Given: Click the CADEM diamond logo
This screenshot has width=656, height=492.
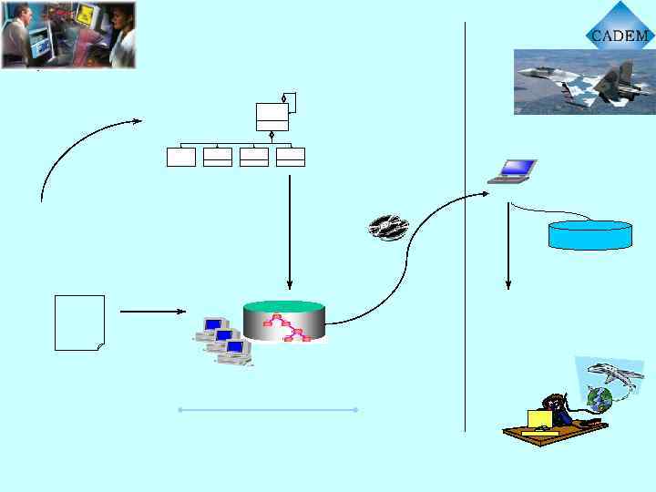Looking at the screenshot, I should pyautogui.click(x=619, y=35).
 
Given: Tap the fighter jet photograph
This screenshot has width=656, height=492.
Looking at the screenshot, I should pyautogui.click(x=584, y=81).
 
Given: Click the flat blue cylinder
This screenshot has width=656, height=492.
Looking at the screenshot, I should pyautogui.click(x=589, y=234).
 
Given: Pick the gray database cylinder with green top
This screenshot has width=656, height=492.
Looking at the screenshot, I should pyautogui.click(x=283, y=322).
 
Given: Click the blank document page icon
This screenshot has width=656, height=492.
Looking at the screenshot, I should pyautogui.click(x=79, y=323).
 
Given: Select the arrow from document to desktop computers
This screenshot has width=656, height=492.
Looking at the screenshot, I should pyautogui.click(x=152, y=312).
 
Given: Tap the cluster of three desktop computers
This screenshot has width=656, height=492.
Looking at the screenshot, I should pyautogui.click(x=223, y=342).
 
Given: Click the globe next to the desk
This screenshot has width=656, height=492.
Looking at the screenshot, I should pyautogui.click(x=600, y=398).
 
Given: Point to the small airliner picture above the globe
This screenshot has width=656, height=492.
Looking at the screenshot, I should pyautogui.click(x=610, y=373).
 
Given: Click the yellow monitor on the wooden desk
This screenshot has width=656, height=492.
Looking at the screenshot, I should pyautogui.click(x=539, y=419).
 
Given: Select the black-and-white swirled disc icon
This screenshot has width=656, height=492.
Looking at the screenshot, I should pyautogui.click(x=388, y=227).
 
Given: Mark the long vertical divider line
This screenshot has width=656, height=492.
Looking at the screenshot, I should pyautogui.click(x=465, y=228).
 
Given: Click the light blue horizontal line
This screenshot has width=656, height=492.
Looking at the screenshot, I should pyautogui.click(x=268, y=410).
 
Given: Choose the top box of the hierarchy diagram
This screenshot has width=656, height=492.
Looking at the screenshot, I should pyautogui.click(x=272, y=117).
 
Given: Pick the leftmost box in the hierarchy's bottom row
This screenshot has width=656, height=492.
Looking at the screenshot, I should pyautogui.click(x=181, y=157).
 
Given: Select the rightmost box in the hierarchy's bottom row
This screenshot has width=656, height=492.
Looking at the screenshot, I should pyautogui.click(x=290, y=157).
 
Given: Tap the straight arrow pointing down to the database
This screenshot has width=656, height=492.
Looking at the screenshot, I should pyautogui.click(x=289, y=232).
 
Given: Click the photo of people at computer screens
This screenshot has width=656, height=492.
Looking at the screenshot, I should pyautogui.click(x=68, y=36).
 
